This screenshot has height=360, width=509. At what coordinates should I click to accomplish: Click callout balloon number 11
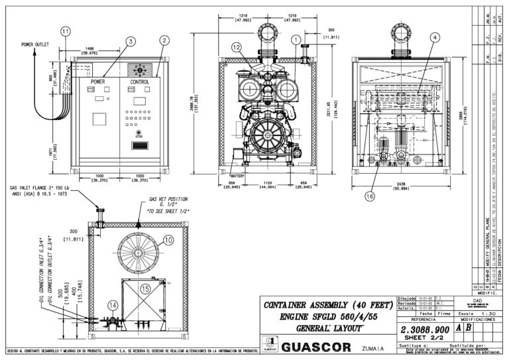[x=64, y=31]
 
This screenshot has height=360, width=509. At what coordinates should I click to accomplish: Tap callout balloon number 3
[x=131, y=42]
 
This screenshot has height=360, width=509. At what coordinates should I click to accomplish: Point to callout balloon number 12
[x=237, y=47]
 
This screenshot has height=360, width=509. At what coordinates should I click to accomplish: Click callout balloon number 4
[x=434, y=38]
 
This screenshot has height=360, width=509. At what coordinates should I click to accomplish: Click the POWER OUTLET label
[x=36, y=45]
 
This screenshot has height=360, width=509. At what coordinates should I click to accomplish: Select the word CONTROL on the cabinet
[x=140, y=82]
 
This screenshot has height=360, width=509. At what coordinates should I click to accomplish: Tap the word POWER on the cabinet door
[x=98, y=82]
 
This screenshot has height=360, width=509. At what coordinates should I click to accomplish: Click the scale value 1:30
[x=490, y=314]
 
